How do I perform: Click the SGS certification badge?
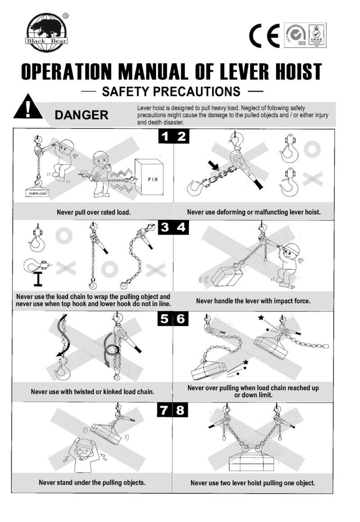(295, 36)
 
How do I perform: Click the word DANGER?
(81, 115)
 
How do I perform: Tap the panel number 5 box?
(165, 319)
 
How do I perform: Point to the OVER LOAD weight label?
(38, 194)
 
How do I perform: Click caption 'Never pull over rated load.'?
(94, 212)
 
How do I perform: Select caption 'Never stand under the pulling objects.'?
(92, 483)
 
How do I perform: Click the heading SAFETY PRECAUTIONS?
(171, 92)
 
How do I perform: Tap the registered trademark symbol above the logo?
(66, 15)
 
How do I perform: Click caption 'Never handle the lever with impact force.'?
(253, 301)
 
